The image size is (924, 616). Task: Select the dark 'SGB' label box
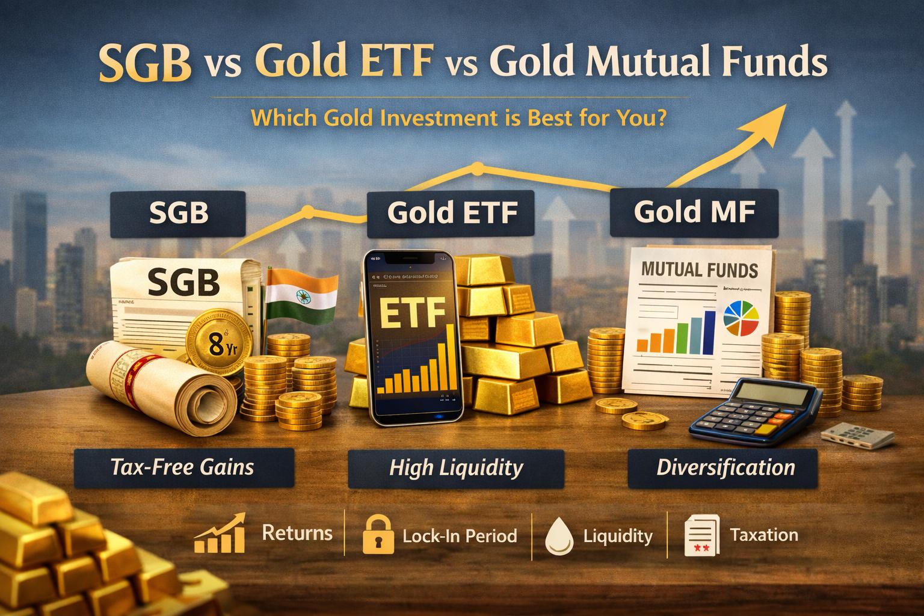click(179, 214)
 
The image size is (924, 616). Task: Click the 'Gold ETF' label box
click(451, 214)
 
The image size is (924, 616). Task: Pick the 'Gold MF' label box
click(694, 212)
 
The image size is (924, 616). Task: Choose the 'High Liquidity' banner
click(455, 467)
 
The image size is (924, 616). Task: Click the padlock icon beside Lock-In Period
click(378, 535)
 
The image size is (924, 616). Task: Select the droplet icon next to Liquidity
click(560, 535)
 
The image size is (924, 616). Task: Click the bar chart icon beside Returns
click(220, 534)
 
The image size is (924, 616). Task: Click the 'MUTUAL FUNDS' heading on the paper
click(699, 269)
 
